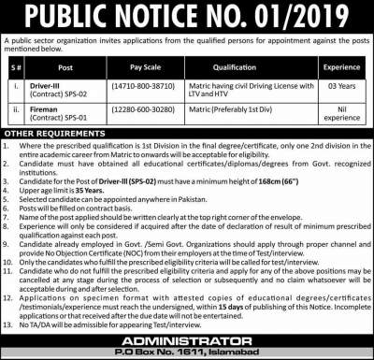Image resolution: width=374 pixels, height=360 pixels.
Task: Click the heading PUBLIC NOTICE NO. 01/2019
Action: (x=187, y=18)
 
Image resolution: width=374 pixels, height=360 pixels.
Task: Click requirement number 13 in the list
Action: (x=11, y=319)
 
